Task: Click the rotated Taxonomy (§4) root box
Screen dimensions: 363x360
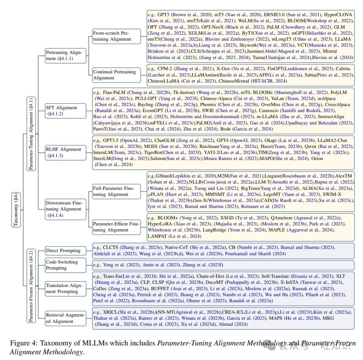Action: tap(16, 210)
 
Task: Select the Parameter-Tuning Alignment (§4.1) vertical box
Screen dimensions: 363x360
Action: tap(31, 134)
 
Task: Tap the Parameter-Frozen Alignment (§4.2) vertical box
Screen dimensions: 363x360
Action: tap(31, 286)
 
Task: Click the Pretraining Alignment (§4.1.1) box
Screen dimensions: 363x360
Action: tap(66, 55)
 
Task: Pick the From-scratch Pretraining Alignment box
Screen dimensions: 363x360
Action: tap(116, 36)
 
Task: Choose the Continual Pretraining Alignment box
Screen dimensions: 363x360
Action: tap(116, 75)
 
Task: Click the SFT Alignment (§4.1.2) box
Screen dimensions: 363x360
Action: tap(66, 111)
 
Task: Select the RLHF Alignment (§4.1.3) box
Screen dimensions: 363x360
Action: tap(66, 153)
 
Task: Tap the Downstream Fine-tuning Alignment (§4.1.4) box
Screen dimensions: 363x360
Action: tap(66, 209)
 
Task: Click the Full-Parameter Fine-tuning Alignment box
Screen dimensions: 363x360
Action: tap(116, 192)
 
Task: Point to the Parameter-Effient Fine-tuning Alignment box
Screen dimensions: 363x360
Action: tap(116, 227)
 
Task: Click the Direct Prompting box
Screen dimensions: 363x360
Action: tap(66, 251)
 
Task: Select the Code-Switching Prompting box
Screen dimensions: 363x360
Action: tap(66, 265)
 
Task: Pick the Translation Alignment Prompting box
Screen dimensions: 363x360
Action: tap(66, 289)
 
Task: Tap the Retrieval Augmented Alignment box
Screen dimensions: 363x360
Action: tap(66, 318)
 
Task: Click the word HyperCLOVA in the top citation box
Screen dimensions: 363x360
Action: tap(338, 14)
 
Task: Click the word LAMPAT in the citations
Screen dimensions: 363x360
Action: tap(157, 236)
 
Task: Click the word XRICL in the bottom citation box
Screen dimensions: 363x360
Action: tap(111, 312)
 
